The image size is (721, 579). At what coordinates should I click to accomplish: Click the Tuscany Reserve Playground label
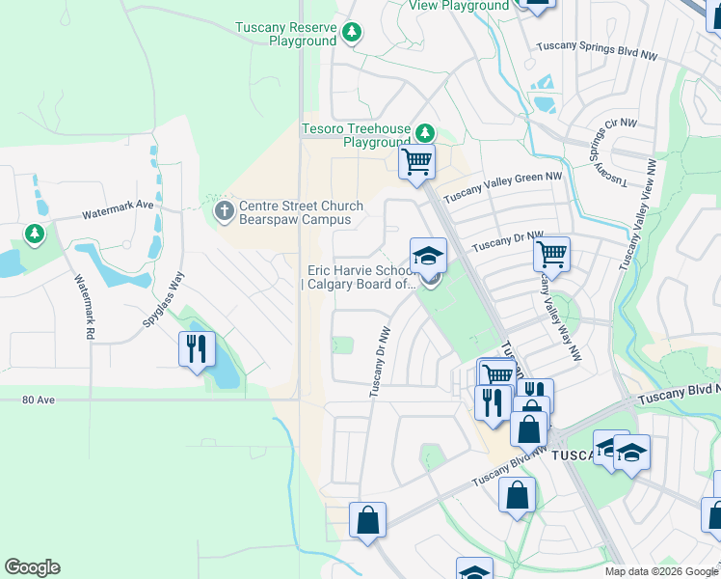[x=285, y=34]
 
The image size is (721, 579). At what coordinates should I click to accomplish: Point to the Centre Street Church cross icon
[x=224, y=209]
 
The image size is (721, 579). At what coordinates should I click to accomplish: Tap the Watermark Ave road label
[x=118, y=206]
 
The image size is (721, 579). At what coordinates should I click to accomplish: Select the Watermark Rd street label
[x=84, y=306]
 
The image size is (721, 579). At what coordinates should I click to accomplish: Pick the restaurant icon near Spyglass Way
[x=196, y=347]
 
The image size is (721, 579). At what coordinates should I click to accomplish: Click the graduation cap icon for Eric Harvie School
[x=428, y=255]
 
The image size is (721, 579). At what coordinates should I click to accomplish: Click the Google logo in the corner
[x=32, y=567]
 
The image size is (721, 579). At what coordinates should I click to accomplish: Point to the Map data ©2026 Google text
[x=660, y=571]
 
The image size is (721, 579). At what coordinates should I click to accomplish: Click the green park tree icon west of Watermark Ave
[x=35, y=234]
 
